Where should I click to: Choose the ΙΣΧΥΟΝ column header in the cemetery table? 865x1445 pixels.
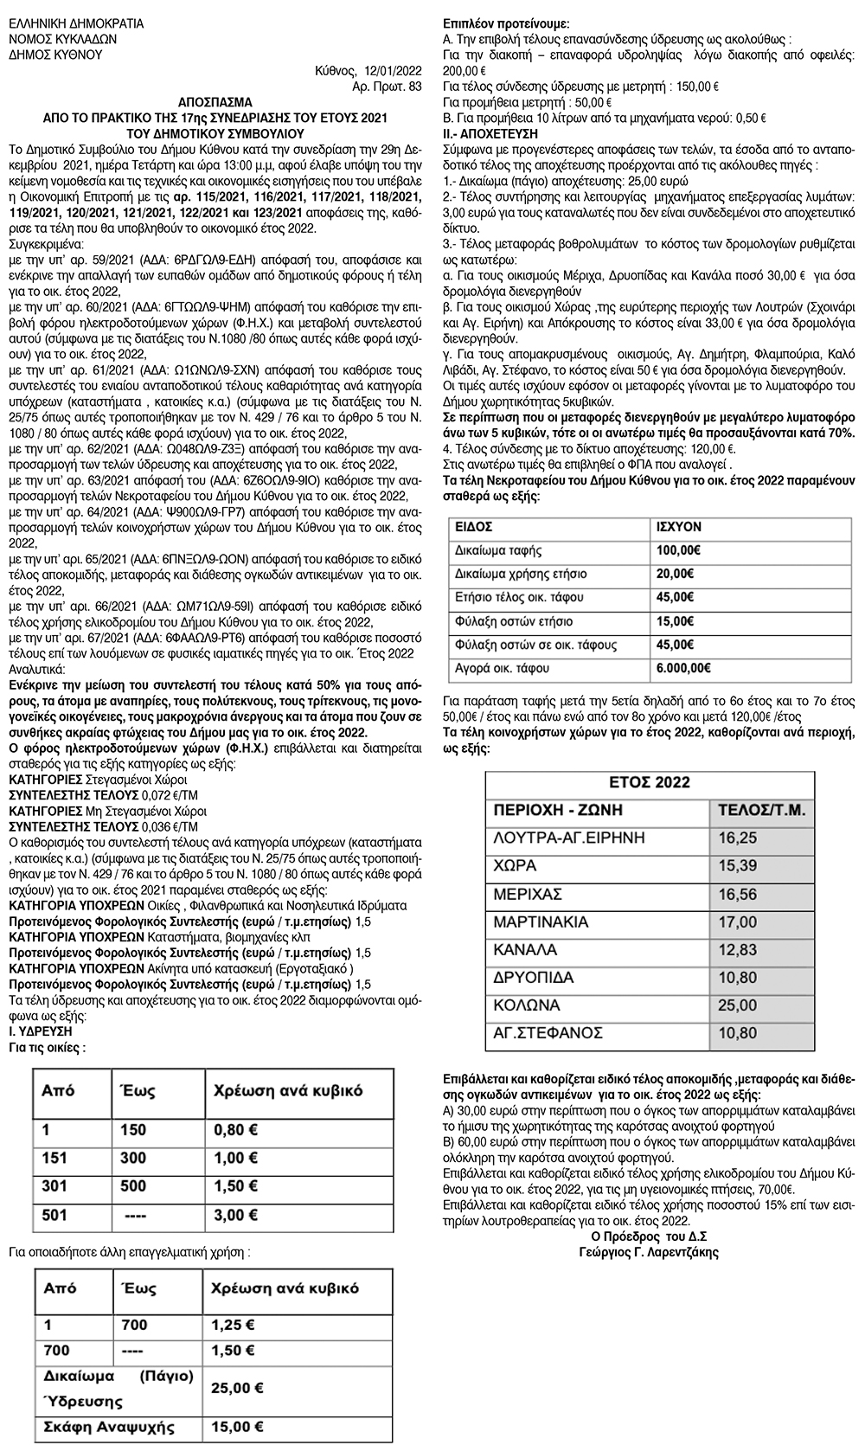coord(679,526)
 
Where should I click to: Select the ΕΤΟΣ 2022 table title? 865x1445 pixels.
coord(649,782)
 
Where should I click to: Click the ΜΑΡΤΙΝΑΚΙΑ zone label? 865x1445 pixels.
coord(541,922)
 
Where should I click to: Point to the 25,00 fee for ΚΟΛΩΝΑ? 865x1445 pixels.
coord(737,1005)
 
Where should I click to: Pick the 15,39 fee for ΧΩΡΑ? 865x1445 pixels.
coord(737,866)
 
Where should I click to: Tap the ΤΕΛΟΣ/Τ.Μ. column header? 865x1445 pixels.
coord(762,811)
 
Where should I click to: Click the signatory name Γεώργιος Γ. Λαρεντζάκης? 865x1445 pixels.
coord(648,1251)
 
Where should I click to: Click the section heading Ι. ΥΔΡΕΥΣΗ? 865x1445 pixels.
coord(40,1031)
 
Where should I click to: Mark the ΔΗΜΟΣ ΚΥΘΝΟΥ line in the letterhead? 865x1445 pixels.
coord(55,55)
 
